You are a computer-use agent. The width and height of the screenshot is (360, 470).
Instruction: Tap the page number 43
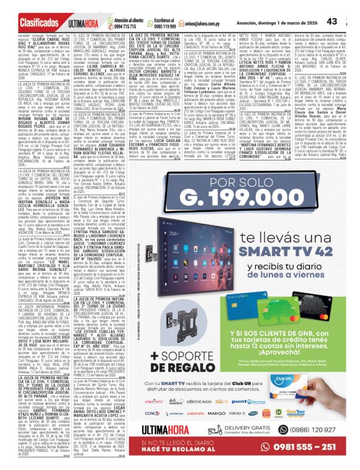click(x=348, y=22)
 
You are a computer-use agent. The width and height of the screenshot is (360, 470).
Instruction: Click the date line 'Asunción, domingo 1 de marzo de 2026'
click(x=286, y=22)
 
